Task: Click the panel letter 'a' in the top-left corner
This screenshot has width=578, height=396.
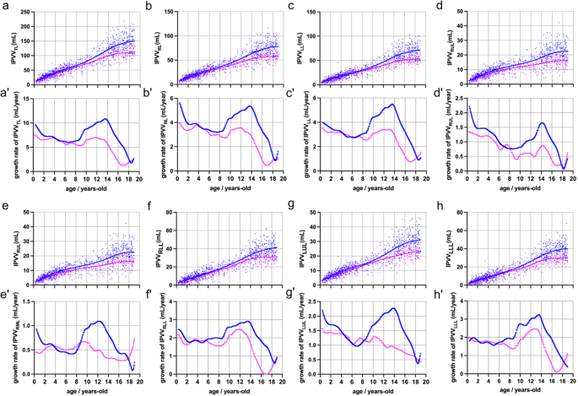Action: coord(6,8)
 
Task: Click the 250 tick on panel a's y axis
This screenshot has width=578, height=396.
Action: coord(24,12)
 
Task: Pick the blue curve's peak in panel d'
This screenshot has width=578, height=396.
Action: coord(543,123)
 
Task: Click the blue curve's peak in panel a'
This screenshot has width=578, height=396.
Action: coord(105,119)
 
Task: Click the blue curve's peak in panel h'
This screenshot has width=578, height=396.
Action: coord(538,315)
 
